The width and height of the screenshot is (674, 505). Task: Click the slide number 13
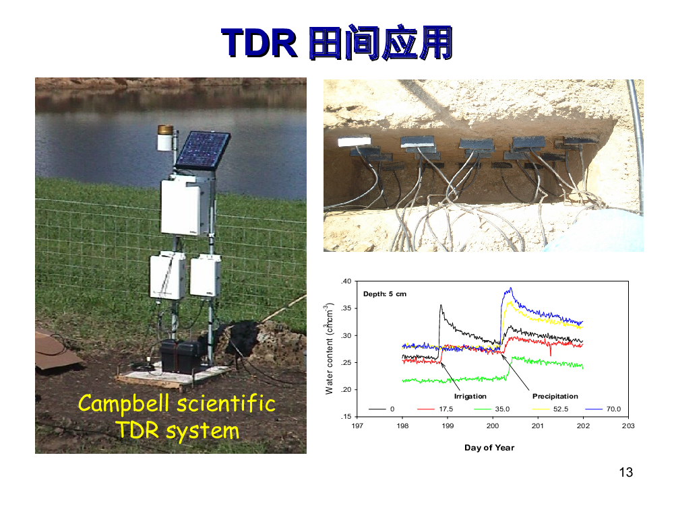pos(626,473)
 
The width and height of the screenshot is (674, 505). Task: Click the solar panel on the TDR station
pos(203,150)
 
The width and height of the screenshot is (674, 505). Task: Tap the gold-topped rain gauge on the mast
pos(166,137)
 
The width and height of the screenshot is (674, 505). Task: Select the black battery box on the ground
pos(180,356)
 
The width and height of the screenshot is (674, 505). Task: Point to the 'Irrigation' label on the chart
pos(470,397)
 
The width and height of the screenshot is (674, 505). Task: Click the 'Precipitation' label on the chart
pos(555,397)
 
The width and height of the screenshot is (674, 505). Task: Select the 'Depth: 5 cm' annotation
pos(385,294)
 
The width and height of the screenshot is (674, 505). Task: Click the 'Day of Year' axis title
pos(489,448)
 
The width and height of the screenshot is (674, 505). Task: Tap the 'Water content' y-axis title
pos(330,349)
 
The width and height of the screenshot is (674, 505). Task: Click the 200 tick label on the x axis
pos(493,426)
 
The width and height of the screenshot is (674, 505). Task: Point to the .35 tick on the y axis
pos(346,308)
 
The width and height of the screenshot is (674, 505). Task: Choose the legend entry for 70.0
pos(603,409)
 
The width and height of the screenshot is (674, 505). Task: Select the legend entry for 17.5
pos(435,409)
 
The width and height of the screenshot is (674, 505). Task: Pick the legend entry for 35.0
pos(492,409)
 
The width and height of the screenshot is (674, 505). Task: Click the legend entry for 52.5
pos(550,409)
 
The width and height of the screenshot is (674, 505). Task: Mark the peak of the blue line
pos(511,288)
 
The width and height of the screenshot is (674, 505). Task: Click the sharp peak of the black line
pos(441,305)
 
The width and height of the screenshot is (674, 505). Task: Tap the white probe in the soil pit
pos(355,141)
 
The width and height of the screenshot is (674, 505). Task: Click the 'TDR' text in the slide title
pos(259,43)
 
